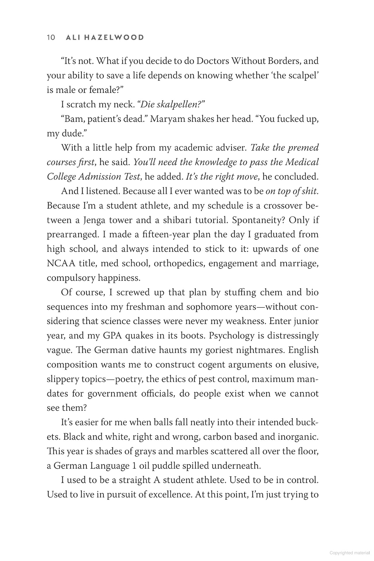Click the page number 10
point(51,37)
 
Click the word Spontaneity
point(258,220)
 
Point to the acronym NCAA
point(61,263)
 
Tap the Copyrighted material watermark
point(349,553)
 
